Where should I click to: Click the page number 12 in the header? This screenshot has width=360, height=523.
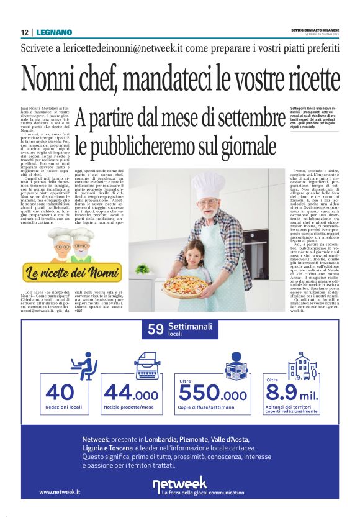(x=25, y=32)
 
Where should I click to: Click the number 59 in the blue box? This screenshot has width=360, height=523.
(x=156, y=330)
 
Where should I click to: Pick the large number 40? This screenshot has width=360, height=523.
(x=60, y=393)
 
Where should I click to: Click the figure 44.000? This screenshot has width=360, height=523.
(x=131, y=393)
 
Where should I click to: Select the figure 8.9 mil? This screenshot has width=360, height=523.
(x=290, y=393)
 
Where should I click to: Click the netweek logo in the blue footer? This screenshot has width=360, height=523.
(x=179, y=484)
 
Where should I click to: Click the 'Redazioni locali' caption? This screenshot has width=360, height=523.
(x=64, y=407)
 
